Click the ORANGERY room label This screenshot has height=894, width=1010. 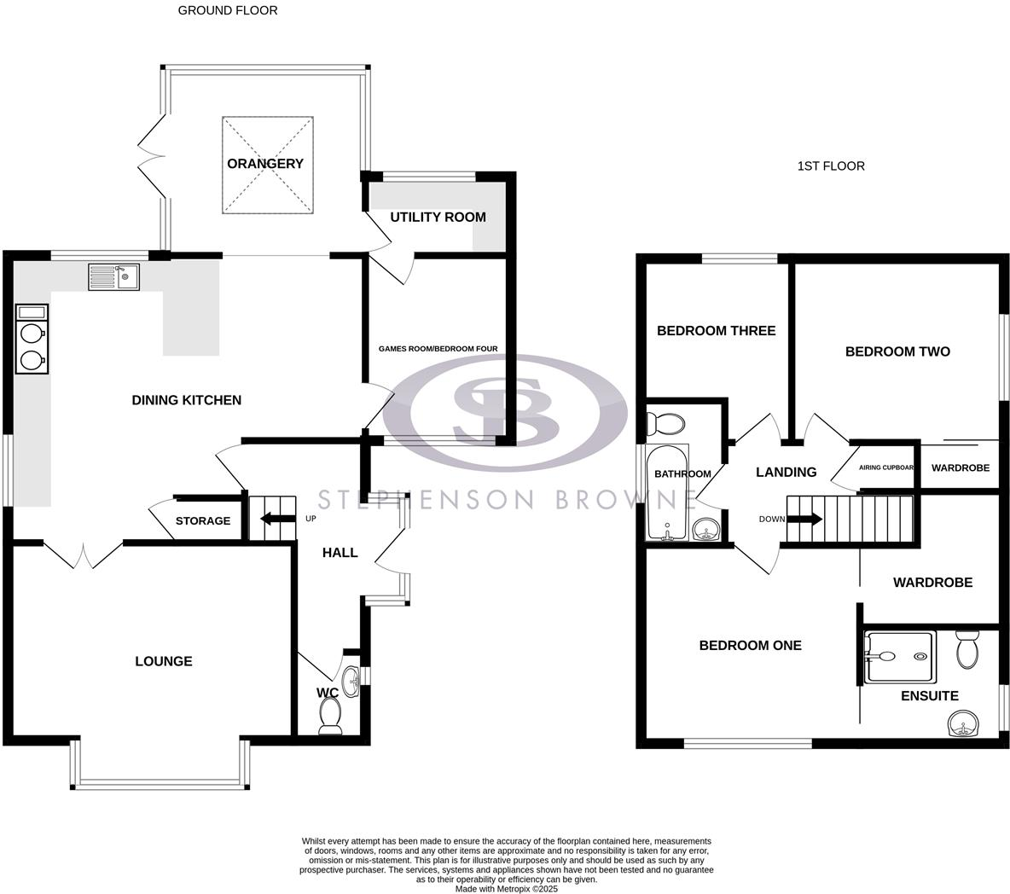(x=265, y=164)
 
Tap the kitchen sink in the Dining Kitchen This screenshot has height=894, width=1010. (x=113, y=277)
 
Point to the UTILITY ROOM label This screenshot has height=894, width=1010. (x=438, y=217)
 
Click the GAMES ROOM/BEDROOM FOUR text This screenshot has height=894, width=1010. (x=438, y=348)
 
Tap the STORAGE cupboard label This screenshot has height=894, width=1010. (x=203, y=520)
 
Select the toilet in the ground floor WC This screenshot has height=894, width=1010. (x=328, y=715)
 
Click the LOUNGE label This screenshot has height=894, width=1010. (x=164, y=661)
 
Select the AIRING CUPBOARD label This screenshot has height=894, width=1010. (x=886, y=467)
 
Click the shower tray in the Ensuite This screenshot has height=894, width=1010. (x=900, y=657)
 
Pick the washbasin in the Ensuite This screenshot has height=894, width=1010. (x=964, y=725)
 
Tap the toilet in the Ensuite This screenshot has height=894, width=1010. (x=967, y=651)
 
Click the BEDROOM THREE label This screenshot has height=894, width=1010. (x=716, y=331)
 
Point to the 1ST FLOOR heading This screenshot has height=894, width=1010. (x=830, y=166)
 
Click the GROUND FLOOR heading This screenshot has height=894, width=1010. (x=227, y=10)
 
